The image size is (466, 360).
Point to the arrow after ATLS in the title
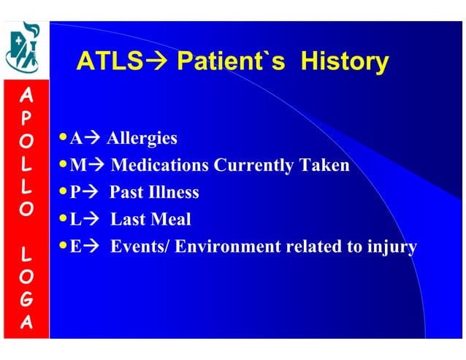point(156,61)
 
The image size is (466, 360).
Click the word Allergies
point(142,138)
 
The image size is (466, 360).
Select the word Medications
point(160,166)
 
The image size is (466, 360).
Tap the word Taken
point(324,166)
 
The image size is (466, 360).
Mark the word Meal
point(171,220)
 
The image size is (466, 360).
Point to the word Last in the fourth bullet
point(127,220)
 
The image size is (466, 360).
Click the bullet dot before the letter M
point(64,164)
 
